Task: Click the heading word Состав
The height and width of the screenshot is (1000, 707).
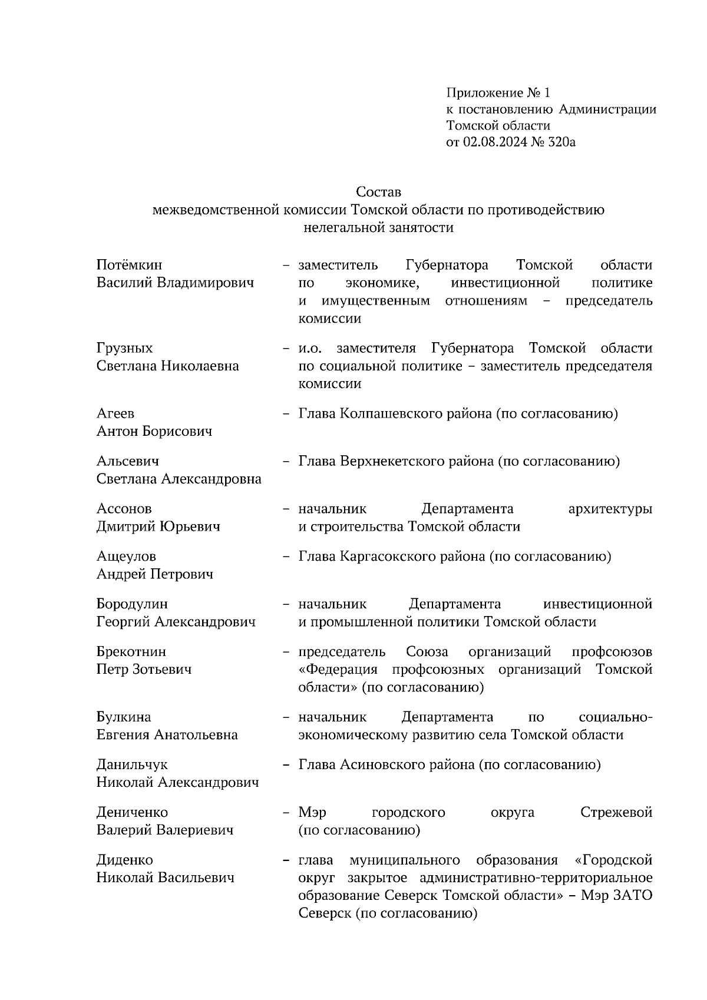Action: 378,193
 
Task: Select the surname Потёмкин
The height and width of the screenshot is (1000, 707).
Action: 129,266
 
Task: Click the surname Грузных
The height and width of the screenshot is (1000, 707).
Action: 124,349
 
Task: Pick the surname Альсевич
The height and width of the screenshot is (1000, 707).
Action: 127,461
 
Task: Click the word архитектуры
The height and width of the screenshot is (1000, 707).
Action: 610,509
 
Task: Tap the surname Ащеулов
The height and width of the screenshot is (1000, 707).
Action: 126,557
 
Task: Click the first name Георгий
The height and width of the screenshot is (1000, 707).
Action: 123,622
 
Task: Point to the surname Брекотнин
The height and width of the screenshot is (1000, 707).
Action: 131,652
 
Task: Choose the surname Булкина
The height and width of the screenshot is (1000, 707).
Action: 124,717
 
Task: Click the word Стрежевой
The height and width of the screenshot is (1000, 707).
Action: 616,813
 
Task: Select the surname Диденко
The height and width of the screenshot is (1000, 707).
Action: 124,860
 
